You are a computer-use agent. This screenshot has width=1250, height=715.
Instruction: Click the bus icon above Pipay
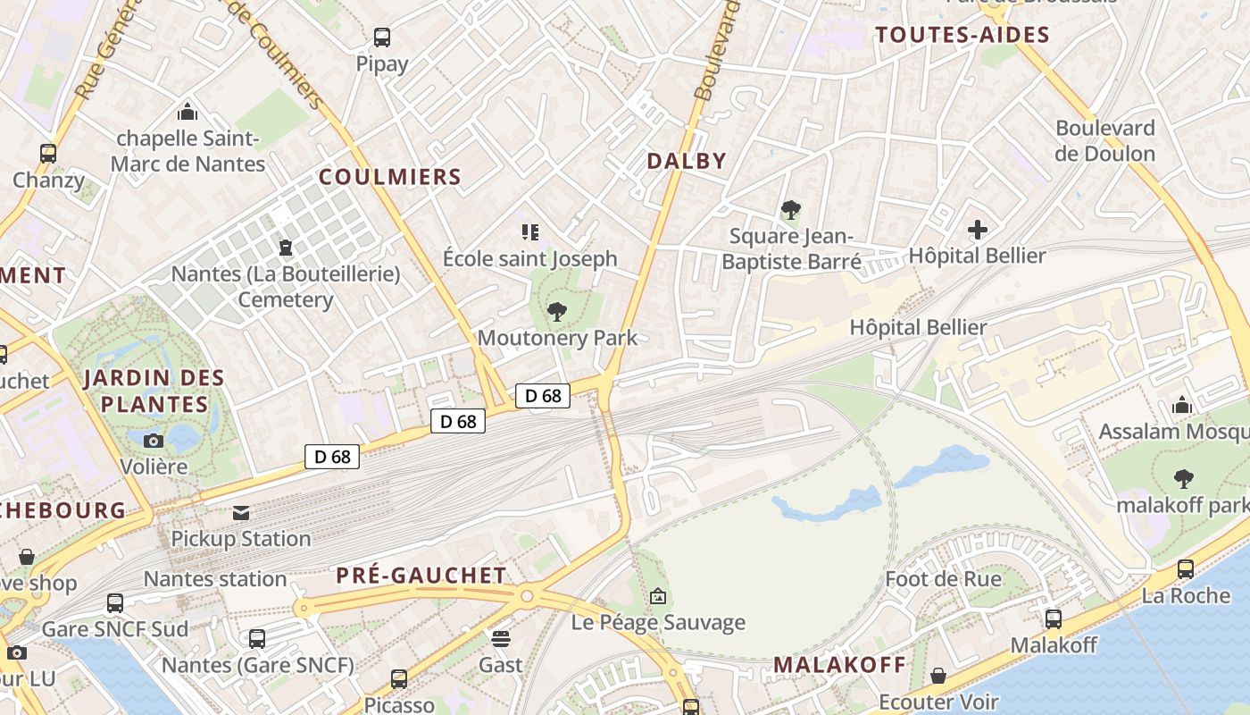(382, 38)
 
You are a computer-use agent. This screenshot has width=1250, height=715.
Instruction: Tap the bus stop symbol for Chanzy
(48, 153)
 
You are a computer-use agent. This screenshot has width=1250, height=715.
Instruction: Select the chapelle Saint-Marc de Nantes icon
(187, 112)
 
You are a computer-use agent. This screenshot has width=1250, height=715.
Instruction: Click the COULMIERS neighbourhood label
(390, 177)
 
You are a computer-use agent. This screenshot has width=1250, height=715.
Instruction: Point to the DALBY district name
(687, 161)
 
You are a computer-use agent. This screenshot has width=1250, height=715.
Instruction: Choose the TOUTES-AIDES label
(962, 35)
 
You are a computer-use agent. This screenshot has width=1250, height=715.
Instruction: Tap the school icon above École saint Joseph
(530, 232)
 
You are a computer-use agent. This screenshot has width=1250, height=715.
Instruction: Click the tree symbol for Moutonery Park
(557, 312)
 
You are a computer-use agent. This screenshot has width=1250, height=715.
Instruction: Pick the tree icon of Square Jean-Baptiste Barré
(790, 211)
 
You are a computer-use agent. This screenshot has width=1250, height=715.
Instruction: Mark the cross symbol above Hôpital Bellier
(978, 230)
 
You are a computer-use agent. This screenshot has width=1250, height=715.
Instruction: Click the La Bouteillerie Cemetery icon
(286, 247)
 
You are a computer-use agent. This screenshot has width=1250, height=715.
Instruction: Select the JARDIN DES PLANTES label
(154, 391)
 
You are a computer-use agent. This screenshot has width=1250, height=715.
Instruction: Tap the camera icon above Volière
(154, 441)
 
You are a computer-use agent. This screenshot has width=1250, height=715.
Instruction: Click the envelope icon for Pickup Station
(241, 513)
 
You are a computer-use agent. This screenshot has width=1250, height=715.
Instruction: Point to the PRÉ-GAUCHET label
(421, 576)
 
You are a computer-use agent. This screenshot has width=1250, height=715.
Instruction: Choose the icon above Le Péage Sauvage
(658, 595)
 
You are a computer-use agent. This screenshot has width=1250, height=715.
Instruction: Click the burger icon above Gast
(501, 638)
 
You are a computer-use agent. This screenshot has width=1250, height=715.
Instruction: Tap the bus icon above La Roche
(1186, 568)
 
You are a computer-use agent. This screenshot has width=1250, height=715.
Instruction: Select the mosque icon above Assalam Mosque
(1182, 406)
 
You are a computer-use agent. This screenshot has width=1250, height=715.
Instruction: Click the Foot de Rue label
(943, 579)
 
